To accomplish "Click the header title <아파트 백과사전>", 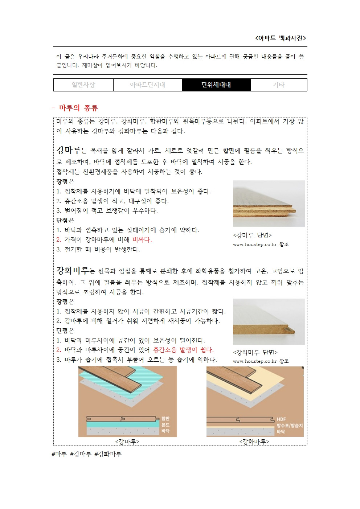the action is pyautogui.click(x=281, y=38).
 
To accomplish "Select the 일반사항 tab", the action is pyautogui.click(x=83, y=85).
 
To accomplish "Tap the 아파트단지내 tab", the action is pyautogui.click(x=147, y=85).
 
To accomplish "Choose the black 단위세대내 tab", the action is pyautogui.click(x=216, y=85).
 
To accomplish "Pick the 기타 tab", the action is pyautogui.click(x=279, y=85).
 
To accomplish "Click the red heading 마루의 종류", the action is pyautogui.click(x=78, y=108).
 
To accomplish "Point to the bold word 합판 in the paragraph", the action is pyautogui.click(x=228, y=151).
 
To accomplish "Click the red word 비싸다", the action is pyautogui.click(x=142, y=239).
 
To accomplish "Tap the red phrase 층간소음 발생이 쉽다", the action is pyautogui.click(x=183, y=350).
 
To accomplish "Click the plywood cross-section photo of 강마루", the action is pyautogui.click(x=269, y=204).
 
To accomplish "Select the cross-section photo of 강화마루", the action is pyautogui.click(x=269, y=322).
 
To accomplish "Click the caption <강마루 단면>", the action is pyautogui.click(x=252, y=235).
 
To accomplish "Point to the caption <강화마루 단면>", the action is pyautogui.click(x=255, y=352).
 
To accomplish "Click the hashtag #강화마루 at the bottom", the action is pyautogui.click(x=108, y=454).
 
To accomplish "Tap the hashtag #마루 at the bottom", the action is pyautogui.click(x=59, y=454).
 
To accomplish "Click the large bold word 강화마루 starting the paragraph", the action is pyautogui.click(x=72, y=271).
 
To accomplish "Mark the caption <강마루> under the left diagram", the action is pyautogui.click(x=127, y=442).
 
